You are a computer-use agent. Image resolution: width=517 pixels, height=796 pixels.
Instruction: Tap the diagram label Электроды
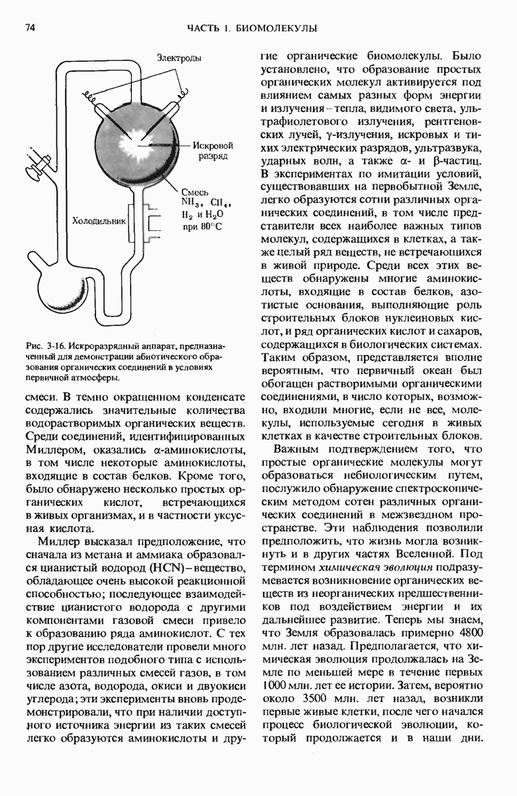point(178,58)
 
